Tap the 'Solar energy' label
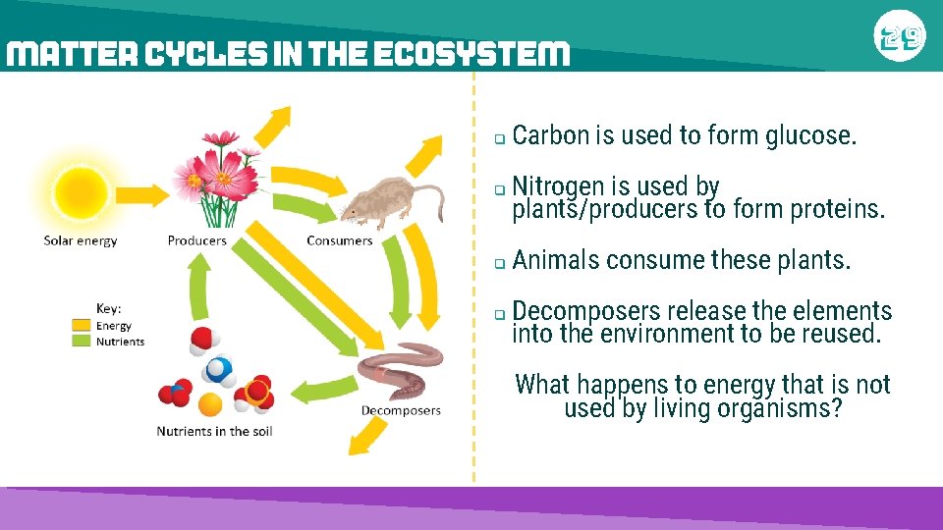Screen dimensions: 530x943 click(81, 240)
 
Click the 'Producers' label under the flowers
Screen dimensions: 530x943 click(196, 240)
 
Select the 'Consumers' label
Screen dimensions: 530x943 click(339, 240)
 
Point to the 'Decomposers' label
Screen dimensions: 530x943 click(401, 410)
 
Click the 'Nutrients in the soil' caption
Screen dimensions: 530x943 click(214, 431)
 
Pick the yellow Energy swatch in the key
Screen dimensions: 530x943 click(82, 326)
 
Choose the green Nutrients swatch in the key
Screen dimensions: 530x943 click(82, 342)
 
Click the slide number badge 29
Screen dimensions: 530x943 click(899, 37)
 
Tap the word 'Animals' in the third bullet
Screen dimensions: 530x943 click(556, 260)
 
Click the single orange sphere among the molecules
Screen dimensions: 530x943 click(210, 404)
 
